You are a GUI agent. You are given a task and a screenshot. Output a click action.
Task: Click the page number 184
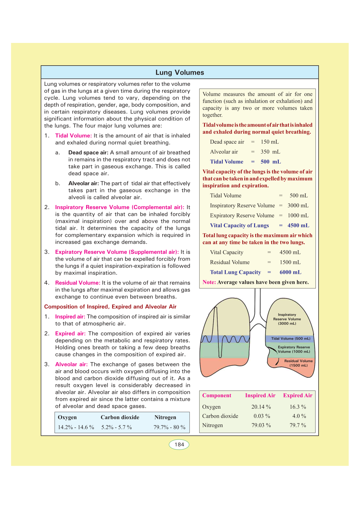[179, 444]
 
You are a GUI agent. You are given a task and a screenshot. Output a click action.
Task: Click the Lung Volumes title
[180, 73]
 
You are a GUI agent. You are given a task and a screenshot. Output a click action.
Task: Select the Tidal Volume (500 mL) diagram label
[290, 339]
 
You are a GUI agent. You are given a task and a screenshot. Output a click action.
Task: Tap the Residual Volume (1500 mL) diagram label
[298, 363]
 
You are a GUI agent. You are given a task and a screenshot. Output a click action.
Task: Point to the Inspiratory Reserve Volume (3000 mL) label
[287, 319]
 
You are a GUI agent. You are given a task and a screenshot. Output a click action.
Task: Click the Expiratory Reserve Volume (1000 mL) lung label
[294, 349]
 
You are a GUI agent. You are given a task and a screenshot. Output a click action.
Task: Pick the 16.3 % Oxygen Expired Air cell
[298, 407]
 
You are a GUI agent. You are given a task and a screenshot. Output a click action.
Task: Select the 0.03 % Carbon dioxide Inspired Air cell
[262, 416]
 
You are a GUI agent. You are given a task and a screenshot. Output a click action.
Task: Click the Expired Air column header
[297, 395]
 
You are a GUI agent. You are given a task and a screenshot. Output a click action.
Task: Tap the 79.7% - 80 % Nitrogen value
[169, 427]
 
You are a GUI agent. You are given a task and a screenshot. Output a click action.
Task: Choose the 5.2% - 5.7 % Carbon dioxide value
[116, 427]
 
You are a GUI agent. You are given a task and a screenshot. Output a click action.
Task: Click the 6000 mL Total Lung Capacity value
[290, 272]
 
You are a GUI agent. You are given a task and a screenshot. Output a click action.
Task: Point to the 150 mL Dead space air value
[270, 142]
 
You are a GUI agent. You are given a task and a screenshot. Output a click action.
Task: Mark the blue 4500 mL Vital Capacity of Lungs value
[298, 225]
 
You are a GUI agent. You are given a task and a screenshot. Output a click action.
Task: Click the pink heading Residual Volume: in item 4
[78, 283]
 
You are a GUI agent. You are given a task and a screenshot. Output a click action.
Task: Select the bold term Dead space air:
[88, 153]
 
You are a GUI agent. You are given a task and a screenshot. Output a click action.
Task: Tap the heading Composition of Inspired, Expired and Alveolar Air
[110, 307]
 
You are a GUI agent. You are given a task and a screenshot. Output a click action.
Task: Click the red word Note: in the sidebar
[209, 282]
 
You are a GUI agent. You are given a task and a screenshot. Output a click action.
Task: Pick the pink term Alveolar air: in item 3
[71, 365]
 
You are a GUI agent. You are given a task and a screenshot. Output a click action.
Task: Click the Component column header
[217, 395]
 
